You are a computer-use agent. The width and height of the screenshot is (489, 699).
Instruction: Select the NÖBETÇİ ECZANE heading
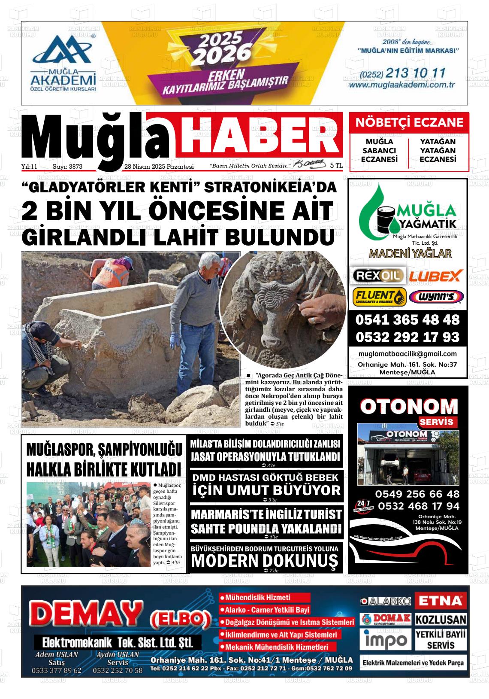coord(409,123)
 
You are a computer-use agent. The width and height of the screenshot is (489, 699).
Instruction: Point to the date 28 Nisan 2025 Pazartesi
coord(159,167)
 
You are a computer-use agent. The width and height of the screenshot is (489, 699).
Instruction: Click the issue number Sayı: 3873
coord(67,167)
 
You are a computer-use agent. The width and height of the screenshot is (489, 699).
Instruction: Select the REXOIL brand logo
coord(377,275)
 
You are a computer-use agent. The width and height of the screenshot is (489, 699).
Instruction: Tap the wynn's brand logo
coord(436,296)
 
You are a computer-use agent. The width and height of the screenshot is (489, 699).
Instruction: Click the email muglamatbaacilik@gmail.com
coord(408,354)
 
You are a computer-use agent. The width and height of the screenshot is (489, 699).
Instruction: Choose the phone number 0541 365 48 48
coord(407,320)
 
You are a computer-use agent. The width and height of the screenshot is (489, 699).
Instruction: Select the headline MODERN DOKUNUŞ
coord(265,560)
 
